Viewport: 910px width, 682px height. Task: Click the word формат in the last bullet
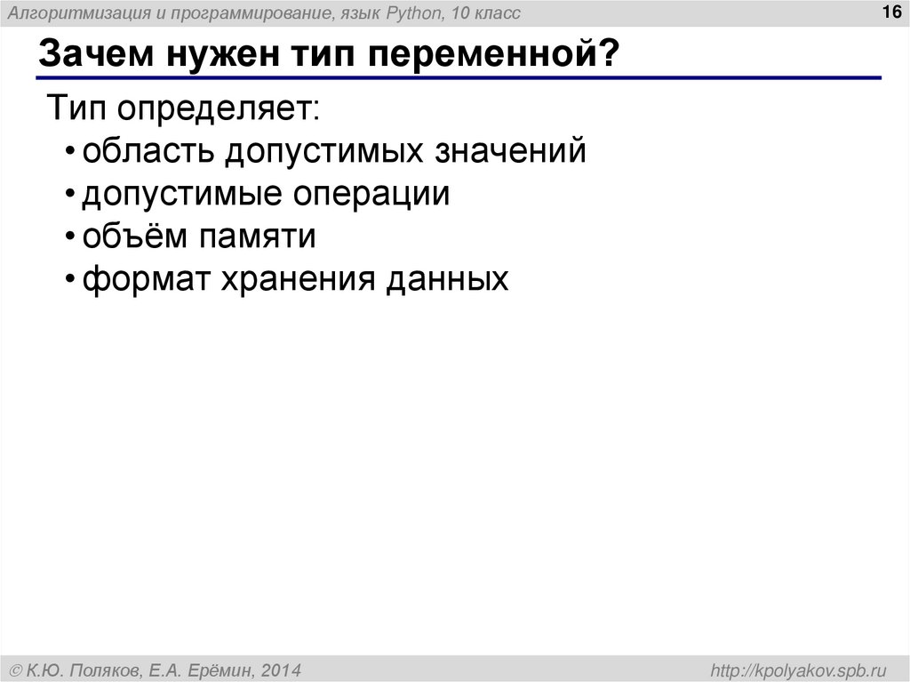pos(143,279)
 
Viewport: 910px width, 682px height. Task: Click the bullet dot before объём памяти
pos(71,238)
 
